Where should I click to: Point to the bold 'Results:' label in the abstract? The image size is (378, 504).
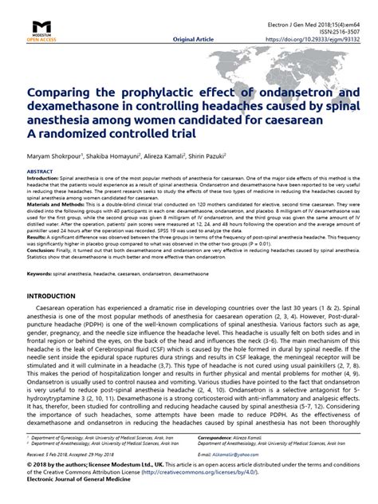(37, 237)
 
